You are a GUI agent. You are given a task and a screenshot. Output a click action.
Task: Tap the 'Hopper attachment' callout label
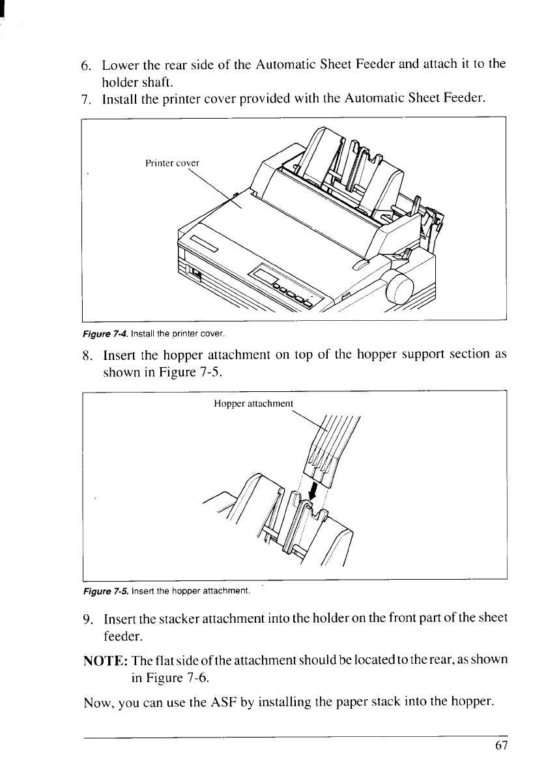click(x=254, y=403)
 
